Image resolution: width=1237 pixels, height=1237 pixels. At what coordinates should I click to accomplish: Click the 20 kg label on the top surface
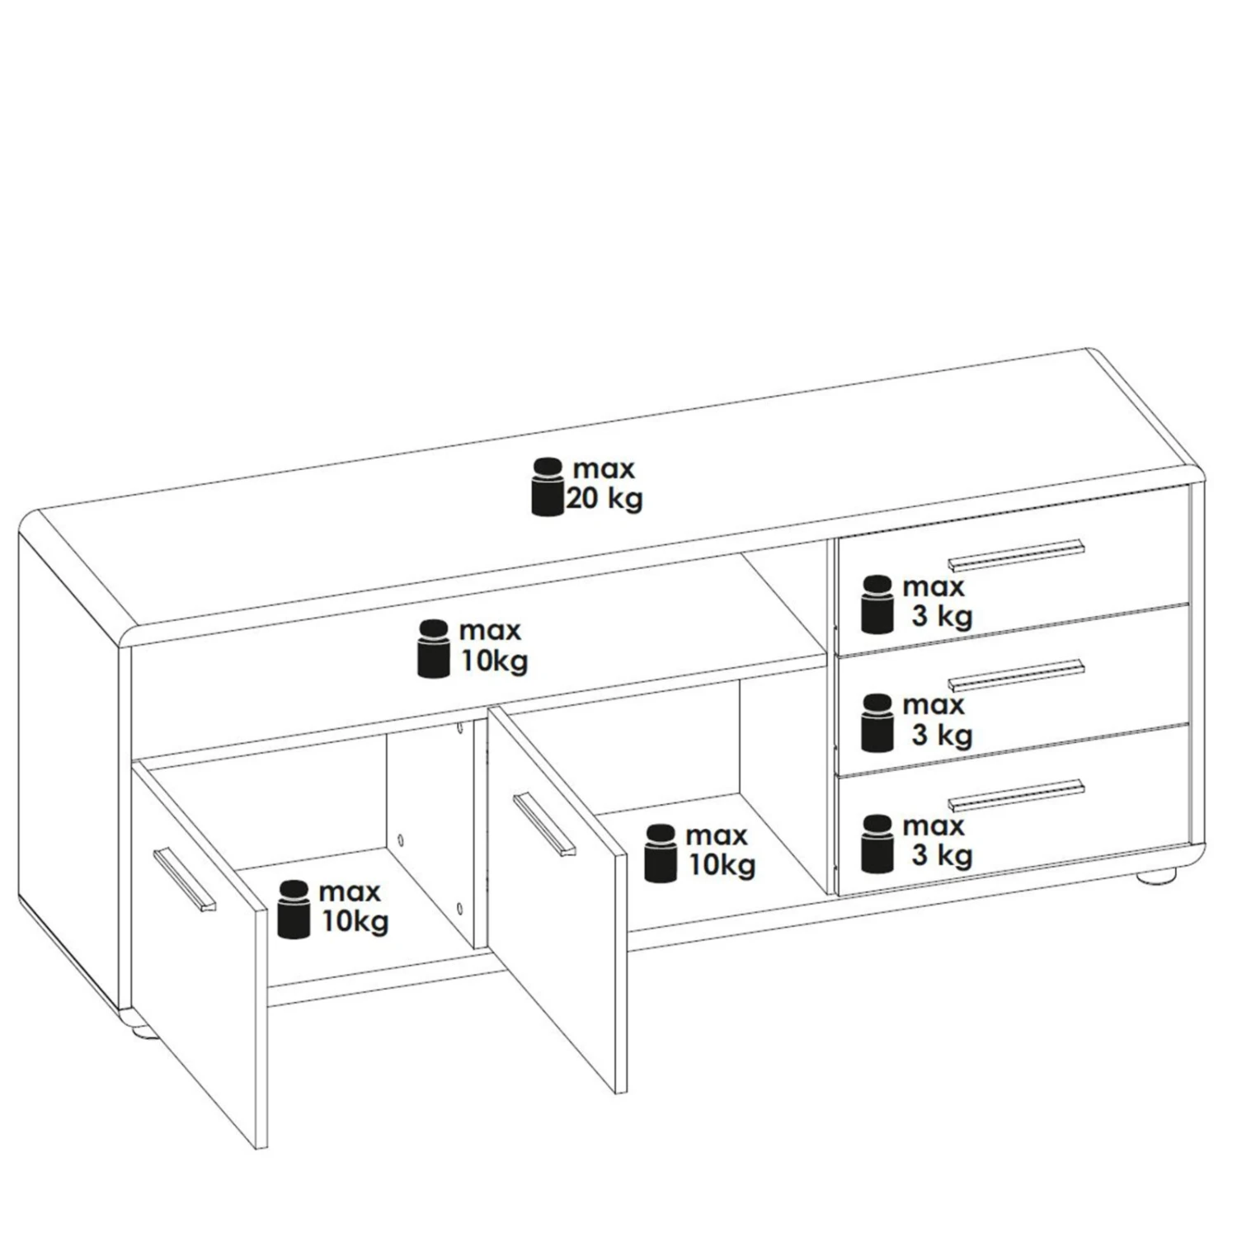pyautogui.click(x=604, y=498)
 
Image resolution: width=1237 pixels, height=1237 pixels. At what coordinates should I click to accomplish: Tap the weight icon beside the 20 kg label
pyautogui.click(x=544, y=486)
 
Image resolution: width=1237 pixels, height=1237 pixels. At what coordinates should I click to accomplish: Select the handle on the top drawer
pyautogui.click(x=1017, y=555)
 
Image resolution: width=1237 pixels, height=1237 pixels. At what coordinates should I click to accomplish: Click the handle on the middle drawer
pyautogui.click(x=1017, y=675)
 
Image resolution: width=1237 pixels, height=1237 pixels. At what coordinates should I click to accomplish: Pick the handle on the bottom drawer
pyautogui.click(x=1017, y=794)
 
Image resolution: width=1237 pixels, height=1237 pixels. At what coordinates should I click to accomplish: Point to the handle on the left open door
pyautogui.click(x=184, y=879)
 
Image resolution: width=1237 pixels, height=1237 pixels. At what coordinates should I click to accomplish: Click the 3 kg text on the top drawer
pyautogui.click(x=942, y=617)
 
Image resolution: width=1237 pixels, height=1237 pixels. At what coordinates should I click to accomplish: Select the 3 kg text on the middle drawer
pyautogui.click(x=942, y=735)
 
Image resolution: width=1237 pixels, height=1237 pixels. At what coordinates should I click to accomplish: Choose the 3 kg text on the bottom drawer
pyautogui.click(x=942, y=855)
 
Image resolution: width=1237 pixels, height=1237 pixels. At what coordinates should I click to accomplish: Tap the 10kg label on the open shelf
pyautogui.click(x=494, y=661)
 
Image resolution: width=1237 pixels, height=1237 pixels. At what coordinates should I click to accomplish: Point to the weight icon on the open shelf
pyautogui.click(x=434, y=649)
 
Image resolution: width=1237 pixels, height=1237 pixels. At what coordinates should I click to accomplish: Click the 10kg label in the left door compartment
pyautogui.click(x=355, y=922)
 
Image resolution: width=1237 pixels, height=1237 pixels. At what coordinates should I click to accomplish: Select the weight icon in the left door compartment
pyautogui.click(x=294, y=910)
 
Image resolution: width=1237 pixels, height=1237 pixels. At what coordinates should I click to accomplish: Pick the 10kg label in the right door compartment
pyautogui.click(x=722, y=865)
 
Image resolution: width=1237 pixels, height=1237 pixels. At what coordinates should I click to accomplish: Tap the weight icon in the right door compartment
pyautogui.click(x=661, y=853)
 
